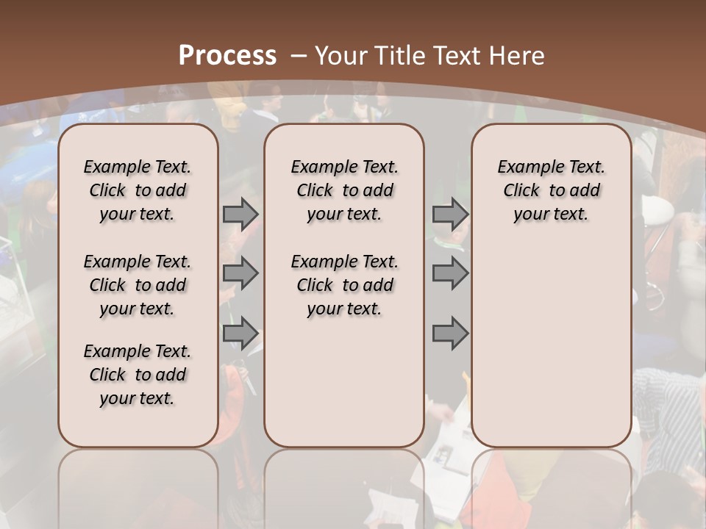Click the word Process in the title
click(x=227, y=55)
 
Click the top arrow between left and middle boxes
click(x=240, y=214)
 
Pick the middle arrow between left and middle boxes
click(x=240, y=273)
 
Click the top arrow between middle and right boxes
click(x=450, y=214)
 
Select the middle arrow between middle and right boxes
click(x=450, y=273)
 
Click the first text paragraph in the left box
click(x=138, y=190)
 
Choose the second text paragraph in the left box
click(x=138, y=285)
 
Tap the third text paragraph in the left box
click(x=138, y=375)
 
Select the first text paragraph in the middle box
click(x=344, y=190)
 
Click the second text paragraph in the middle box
click(x=344, y=285)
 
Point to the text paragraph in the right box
click(x=551, y=190)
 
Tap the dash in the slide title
click(x=299, y=55)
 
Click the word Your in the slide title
click(x=340, y=55)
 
